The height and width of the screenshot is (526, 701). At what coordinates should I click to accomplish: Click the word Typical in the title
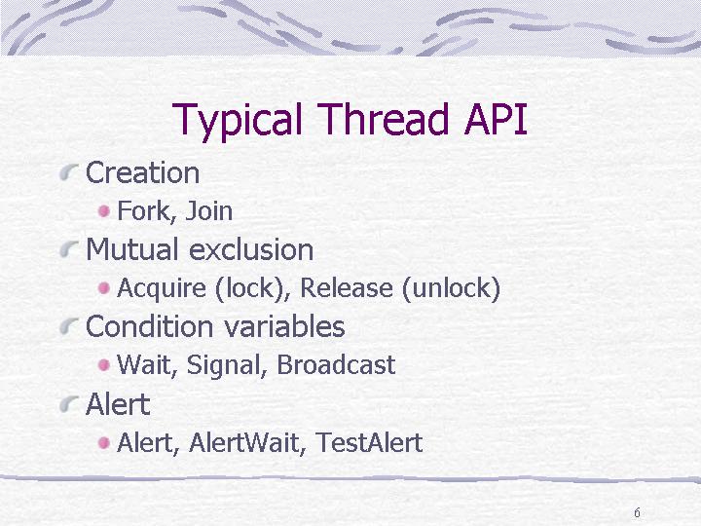(237, 121)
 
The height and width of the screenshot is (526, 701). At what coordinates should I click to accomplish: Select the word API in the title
(496, 119)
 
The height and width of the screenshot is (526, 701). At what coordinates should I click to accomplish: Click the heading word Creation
(142, 172)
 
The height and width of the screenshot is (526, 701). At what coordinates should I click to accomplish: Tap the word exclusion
(251, 249)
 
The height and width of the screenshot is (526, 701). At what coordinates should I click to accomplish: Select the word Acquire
(162, 288)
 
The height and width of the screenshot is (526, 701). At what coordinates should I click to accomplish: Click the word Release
(346, 287)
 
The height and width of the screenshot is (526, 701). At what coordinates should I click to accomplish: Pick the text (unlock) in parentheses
(451, 288)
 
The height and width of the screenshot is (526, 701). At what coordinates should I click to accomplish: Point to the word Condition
(149, 326)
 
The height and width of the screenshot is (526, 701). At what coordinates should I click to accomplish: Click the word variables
(284, 326)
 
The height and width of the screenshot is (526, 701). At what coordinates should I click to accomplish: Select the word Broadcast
(336, 364)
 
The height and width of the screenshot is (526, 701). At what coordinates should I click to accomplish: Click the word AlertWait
(246, 442)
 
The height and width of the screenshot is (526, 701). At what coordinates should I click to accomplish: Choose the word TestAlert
(369, 442)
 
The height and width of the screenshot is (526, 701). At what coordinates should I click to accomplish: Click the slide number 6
(637, 512)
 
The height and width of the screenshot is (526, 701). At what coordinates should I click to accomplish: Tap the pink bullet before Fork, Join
(104, 211)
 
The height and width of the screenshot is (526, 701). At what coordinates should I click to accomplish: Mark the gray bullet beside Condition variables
(69, 326)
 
